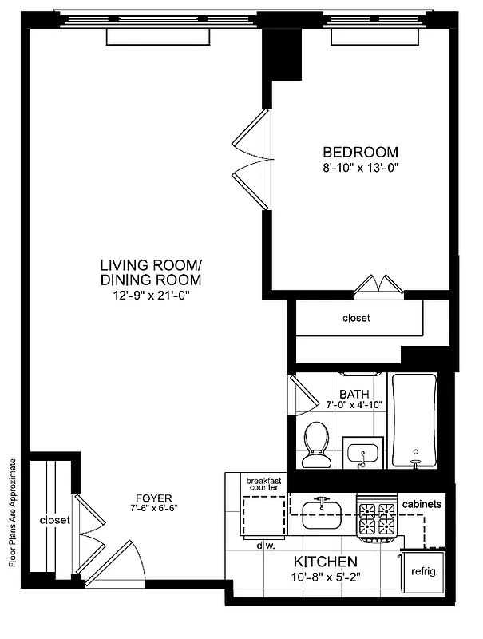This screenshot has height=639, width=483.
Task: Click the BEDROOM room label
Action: [x=359, y=152]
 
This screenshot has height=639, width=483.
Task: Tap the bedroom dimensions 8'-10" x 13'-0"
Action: [x=359, y=168]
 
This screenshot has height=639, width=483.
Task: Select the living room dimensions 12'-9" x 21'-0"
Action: [x=151, y=295]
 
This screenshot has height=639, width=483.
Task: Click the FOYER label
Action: [x=151, y=495]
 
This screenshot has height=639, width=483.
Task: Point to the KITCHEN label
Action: [x=324, y=561]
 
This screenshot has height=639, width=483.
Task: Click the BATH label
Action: [x=354, y=394]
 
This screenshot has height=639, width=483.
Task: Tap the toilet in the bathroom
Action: [x=317, y=444]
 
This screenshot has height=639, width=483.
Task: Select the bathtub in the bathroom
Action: [x=414, y=421]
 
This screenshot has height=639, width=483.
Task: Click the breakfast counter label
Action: [x=264, y=485]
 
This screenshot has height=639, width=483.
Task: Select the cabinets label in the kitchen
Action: [x=422, y=505]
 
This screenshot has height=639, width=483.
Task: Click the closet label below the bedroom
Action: [x=356, y=318]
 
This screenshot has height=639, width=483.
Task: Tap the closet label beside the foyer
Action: [x=54, y=521]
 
